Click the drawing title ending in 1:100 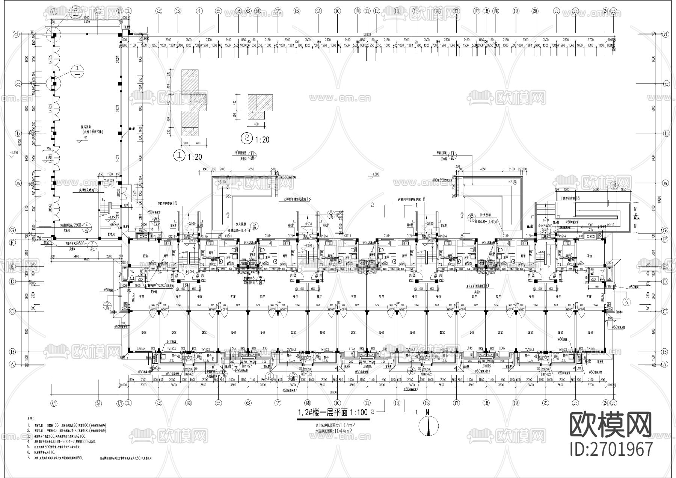[333, 412]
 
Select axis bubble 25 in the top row [614, 11]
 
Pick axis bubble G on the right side [666, 230]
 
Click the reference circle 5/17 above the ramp [614, 185]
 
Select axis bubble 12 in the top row [377, 11]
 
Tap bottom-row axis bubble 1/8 [308, 402]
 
